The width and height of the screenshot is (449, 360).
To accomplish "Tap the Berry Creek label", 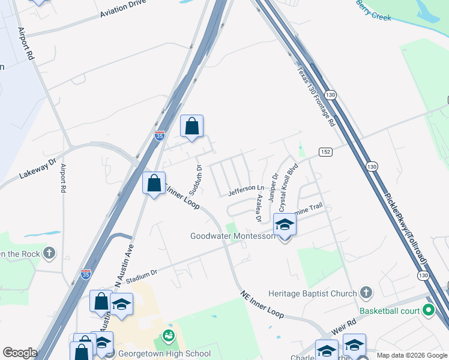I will [373, 11].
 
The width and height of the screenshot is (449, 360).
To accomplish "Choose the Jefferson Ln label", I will [246, 191].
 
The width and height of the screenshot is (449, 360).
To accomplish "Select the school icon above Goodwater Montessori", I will [285, 225].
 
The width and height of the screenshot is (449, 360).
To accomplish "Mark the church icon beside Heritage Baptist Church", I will [366, 293].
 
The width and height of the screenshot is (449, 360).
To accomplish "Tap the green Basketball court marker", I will [428, 310].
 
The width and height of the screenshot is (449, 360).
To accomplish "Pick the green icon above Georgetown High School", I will [168, 335].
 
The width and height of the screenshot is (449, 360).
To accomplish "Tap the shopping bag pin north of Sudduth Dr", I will [191, 126].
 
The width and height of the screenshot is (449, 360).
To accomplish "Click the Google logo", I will [20, 353].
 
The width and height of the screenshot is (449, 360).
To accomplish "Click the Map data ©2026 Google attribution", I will [411, 355].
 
